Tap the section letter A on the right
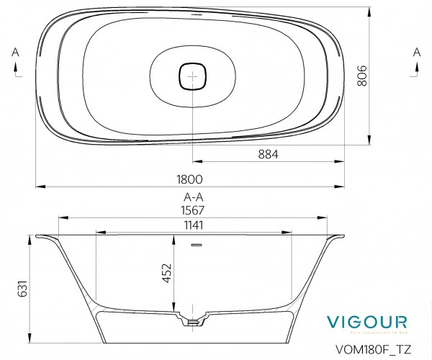(x=416, y=51)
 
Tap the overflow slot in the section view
(x=193, y=246)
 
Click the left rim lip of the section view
(x=43, y=236)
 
